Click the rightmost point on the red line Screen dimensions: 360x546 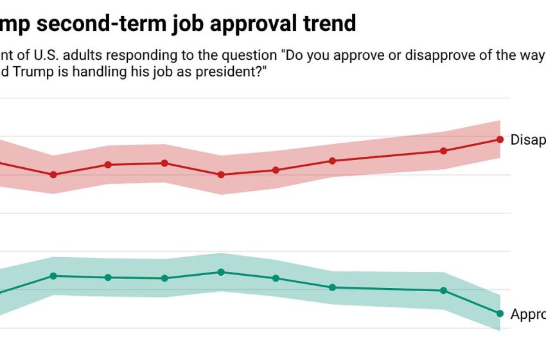pos(500,139)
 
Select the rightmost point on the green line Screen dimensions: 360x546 pos(500,313)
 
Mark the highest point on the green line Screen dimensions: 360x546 pos(221,272)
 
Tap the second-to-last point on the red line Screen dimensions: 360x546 pos(443,151)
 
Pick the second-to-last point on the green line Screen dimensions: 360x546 pos(443,291)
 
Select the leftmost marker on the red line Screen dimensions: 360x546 pos(53,174)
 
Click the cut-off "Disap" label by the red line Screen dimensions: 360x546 pos(527,139)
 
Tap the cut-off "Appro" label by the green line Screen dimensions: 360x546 pos(527,314)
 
